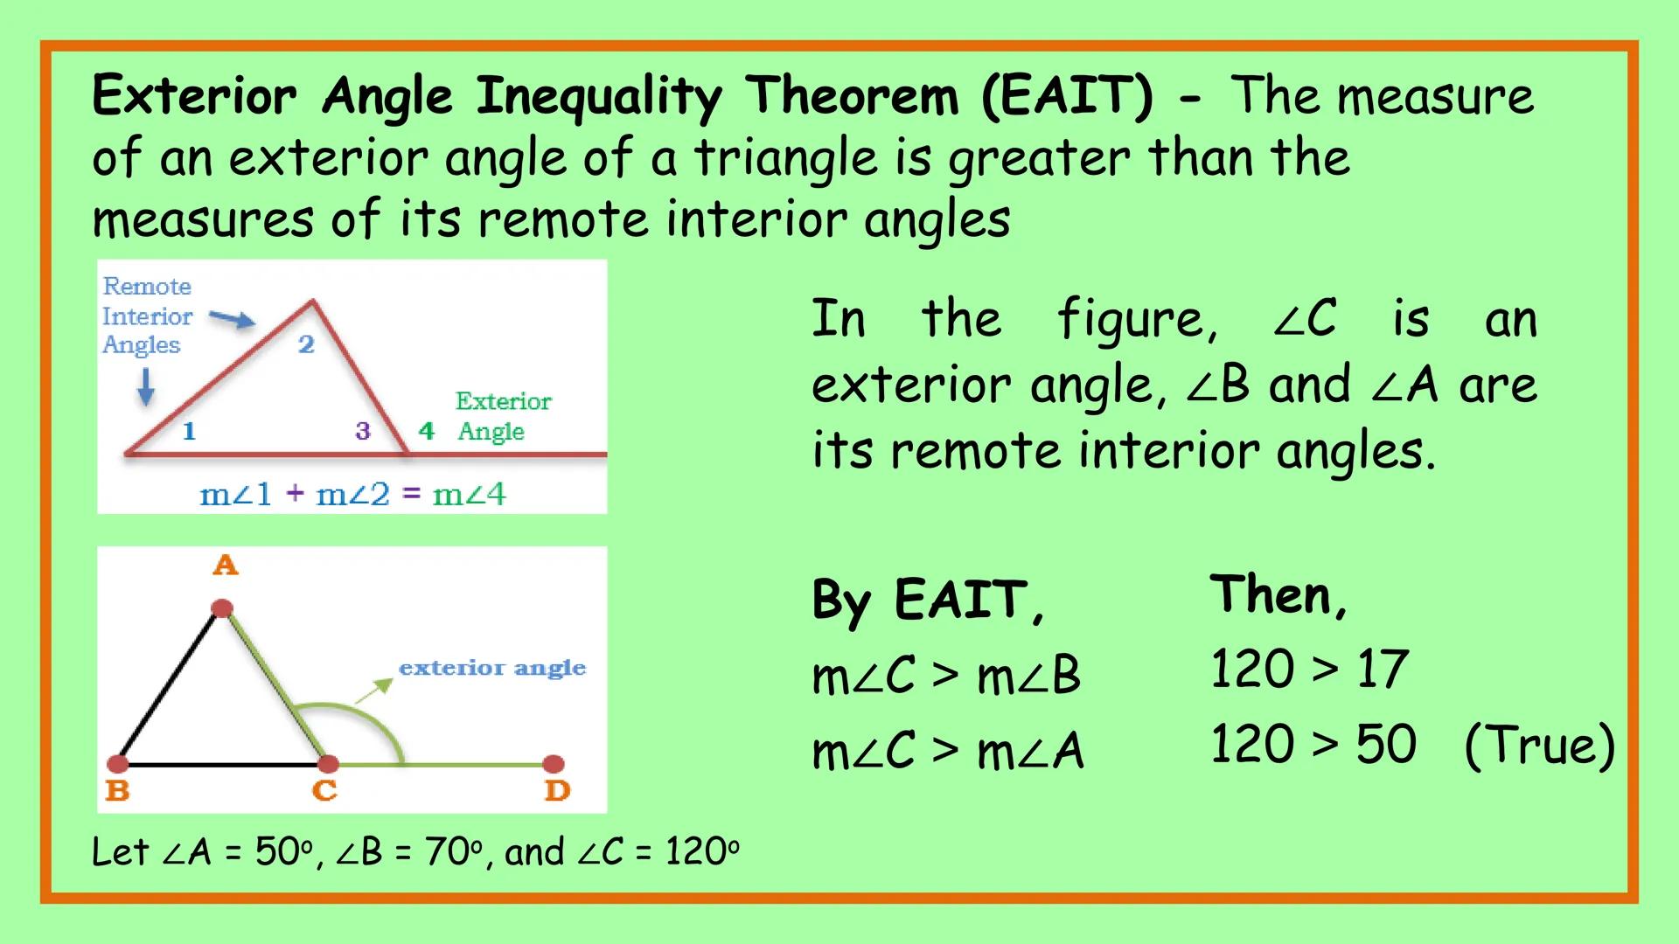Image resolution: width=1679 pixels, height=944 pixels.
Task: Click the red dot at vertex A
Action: [222, 608]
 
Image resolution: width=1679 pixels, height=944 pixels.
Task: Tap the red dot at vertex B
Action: [118, 765]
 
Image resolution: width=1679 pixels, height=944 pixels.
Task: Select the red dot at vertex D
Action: [553, 765]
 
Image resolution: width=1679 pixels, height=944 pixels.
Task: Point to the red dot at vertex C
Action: [327, 765]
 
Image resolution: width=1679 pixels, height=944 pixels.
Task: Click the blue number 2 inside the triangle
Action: [306, 344]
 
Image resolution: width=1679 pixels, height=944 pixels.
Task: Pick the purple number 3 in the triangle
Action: [363, 430]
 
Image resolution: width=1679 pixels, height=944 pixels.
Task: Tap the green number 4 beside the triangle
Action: [427, 430]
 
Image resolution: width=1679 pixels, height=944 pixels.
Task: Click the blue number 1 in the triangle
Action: [189, 430]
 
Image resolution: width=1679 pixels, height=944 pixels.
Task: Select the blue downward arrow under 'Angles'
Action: [146, 386]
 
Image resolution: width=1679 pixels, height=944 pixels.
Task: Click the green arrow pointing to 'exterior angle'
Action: [373, 691]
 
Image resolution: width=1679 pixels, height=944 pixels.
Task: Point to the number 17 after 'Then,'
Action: [1382, 670]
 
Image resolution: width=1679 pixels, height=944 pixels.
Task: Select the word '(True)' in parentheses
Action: [1539, 746]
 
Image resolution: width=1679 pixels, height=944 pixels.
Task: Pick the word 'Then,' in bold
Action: [1278, 596]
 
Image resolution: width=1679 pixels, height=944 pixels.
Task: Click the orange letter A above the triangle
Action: [226, 566]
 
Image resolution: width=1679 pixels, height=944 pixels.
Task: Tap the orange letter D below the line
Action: [557, 791]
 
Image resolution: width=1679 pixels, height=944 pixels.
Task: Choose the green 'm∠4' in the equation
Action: [470, 495]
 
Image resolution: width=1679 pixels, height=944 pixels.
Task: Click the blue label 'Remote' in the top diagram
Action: [147, 286]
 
